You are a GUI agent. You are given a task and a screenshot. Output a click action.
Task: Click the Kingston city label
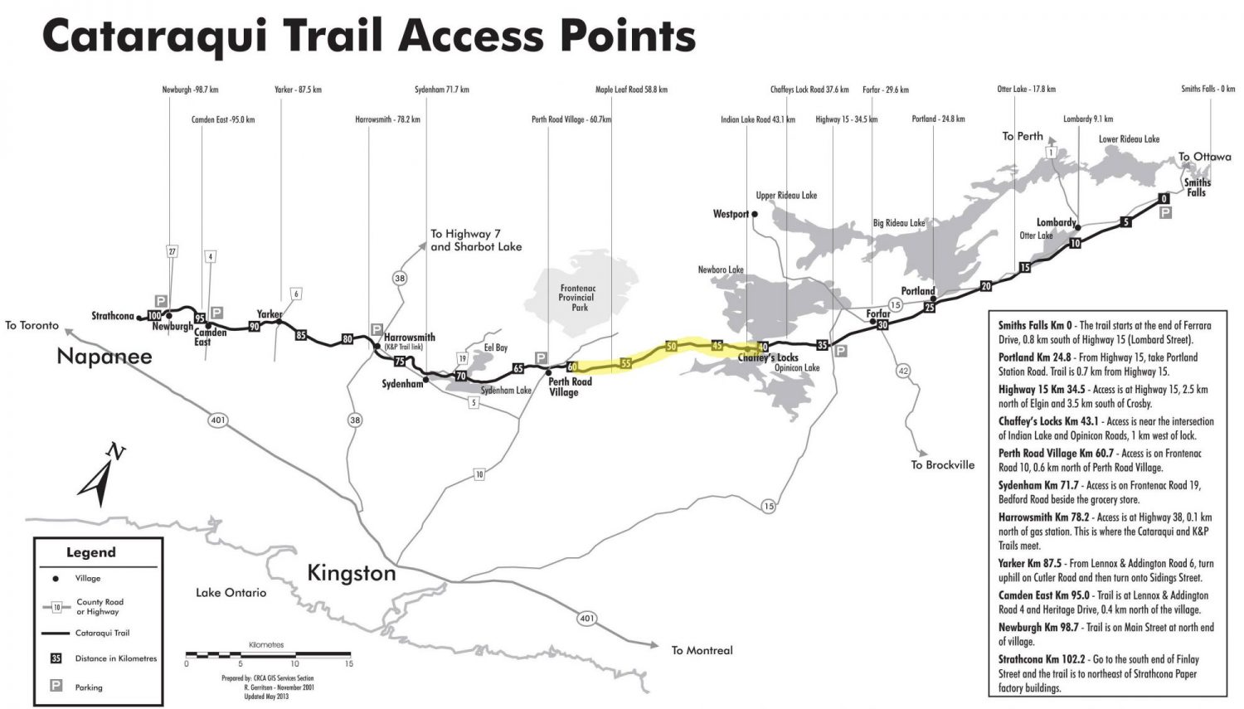[351, 573]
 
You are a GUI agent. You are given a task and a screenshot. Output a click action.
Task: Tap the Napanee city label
[104, 357]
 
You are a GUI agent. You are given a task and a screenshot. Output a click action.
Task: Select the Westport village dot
[755, 214]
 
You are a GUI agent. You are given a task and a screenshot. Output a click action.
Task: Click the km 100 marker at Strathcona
[153, 315]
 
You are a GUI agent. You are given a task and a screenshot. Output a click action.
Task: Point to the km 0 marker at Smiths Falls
[1164, 198]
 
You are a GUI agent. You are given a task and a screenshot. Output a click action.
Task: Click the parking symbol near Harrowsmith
[377, 329]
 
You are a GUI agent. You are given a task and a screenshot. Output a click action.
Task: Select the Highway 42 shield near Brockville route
[902, 371]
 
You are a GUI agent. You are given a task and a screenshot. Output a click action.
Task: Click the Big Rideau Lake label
[898, 223]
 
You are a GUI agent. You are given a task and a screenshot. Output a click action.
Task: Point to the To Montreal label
[702, 650]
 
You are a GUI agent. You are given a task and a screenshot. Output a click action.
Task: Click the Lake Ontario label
[231, 593]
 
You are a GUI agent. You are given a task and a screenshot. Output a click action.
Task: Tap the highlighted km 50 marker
[672, 346]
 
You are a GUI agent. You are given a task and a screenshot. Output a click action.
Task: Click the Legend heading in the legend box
[91, 552]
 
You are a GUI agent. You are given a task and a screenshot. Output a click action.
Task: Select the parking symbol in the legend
[56, 686]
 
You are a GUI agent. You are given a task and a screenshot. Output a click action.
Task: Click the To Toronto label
[32, 325]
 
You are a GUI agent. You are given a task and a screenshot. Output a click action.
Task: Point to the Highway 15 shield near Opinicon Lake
[768, 506]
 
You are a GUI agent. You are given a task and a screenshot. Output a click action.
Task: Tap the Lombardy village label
[1056, 222]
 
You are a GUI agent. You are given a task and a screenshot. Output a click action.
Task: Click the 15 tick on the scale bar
[348, 663]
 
